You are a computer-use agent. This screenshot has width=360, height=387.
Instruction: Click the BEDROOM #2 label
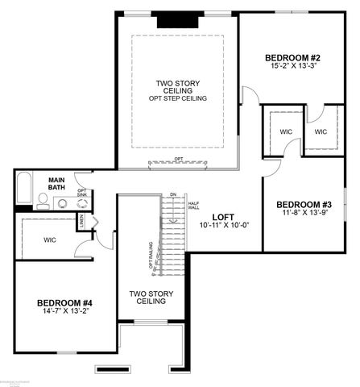293,57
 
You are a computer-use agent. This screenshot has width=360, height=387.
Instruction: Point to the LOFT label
223,217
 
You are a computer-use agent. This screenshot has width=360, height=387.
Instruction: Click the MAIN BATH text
56,184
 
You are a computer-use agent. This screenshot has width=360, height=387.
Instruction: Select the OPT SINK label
82,193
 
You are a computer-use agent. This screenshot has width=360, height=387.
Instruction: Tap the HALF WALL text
193,206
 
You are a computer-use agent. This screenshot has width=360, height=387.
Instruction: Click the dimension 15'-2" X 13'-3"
293,67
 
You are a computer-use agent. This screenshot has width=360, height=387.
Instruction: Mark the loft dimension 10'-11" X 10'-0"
223,227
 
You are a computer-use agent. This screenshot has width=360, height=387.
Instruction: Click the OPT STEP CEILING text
178,98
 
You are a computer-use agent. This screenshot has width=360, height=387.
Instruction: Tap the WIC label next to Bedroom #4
50,239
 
